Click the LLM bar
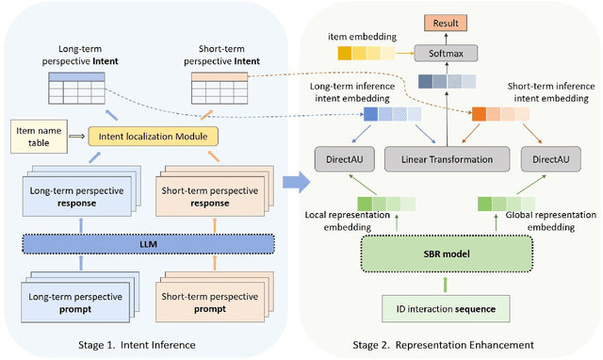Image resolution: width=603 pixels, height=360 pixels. coord(142,247)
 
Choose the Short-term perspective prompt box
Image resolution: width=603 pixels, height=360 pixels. coord(208,303)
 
